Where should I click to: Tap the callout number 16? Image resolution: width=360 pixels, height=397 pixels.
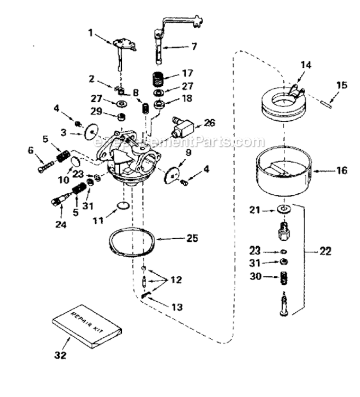tap(342, 170)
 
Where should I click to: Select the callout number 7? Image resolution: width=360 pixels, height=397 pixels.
tap(194, 47)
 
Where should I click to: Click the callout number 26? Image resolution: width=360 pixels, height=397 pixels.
tap(210, 123)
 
